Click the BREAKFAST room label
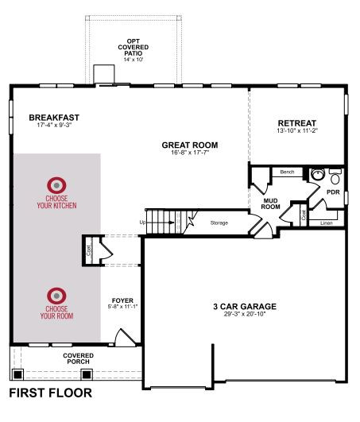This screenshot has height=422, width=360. tap(54, 118)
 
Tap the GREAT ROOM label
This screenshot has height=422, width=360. tap(190, 145)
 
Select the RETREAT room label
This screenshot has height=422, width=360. tap(297, 123)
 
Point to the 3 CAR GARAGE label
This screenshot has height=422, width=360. tap(245, 307)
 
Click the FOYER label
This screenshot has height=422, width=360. tap(122, 300)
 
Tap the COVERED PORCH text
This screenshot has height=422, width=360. tap(79, 358)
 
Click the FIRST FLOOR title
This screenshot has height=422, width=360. tap(51, 393)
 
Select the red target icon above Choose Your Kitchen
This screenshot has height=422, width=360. tap(56, 185)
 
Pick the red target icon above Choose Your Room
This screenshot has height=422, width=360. tap(56, 296)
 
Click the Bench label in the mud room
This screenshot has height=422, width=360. tap(287, 172)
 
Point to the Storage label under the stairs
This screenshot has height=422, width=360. tap(219, 223)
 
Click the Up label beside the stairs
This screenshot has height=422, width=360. tap(142, 223)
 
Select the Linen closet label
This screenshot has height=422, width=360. tap(327, 223)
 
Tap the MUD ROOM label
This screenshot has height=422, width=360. tap(270, 203)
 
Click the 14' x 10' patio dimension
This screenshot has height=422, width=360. tap(134, 60)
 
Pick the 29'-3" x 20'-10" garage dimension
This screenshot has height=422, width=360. tap(245, 314)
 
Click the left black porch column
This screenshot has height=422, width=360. tap(17, 374)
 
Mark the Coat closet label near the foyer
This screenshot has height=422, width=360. tap(89, 250)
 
